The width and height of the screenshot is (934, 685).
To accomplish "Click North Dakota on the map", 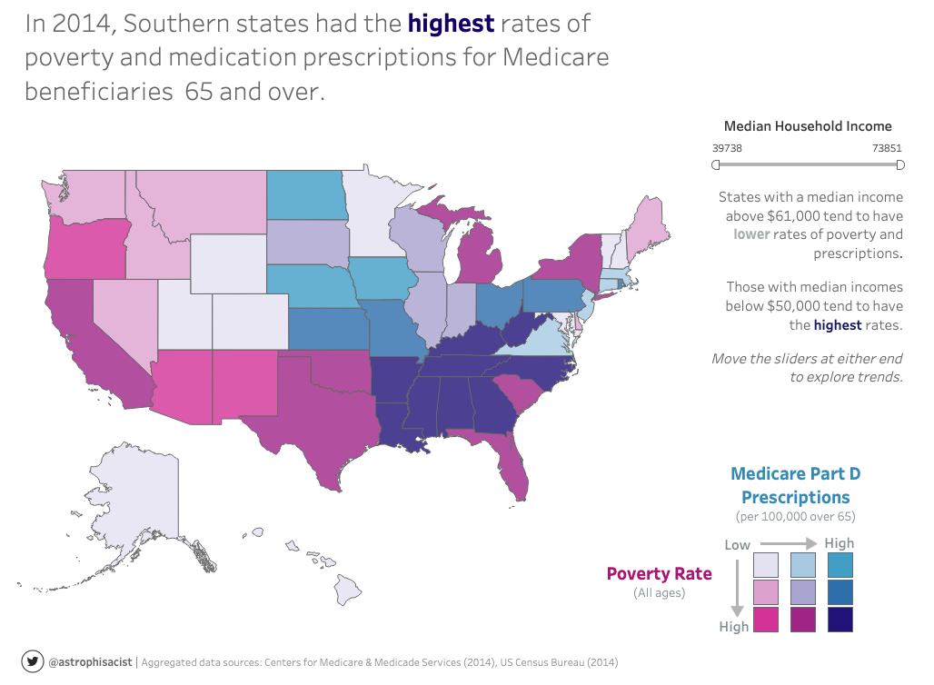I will click(306, 194).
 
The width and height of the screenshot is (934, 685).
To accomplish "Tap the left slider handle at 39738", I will click(716, 164).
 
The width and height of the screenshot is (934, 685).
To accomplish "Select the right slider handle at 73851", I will click(900, 164).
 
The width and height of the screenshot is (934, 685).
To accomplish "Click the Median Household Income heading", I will click(808, 126).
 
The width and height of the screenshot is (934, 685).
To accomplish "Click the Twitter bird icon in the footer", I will click(33, 662).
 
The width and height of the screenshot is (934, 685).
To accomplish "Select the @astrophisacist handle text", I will click(90, 662).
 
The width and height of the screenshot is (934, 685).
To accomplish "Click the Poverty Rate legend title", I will click(659, 573).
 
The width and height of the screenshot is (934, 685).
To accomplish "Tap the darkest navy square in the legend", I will click(840, 619).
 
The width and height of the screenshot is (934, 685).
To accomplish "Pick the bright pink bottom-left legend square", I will click(766, 619).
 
